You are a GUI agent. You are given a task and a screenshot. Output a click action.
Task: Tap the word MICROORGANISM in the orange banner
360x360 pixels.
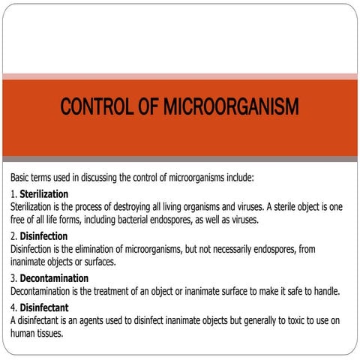(x=235, y=107)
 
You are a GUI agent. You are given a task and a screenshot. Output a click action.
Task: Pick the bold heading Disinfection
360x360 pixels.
(x=43, y=236)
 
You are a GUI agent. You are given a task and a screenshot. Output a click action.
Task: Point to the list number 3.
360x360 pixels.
(x=13, y=278)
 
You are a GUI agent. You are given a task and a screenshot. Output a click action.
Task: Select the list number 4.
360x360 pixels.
(x=13, y=308)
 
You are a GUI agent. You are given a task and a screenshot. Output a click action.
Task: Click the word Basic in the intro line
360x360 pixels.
(x=22, y=178)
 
